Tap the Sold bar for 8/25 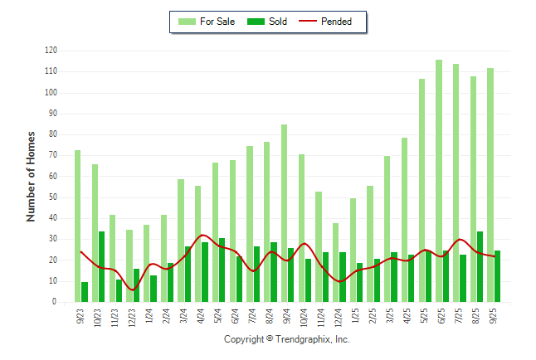pos(480,266)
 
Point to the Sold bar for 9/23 pos(85,292)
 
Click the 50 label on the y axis pos(52,197)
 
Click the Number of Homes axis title pos(31,176)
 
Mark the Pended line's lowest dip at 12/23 pos(133,289)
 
